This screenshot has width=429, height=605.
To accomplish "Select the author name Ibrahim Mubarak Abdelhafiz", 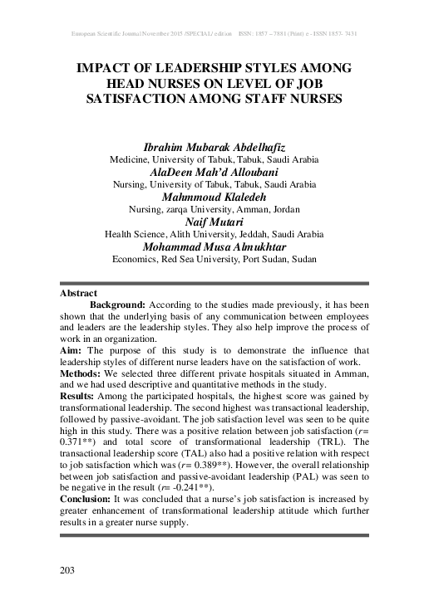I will [x=214, y=145].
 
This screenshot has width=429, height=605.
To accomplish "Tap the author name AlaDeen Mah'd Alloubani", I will [x=214, y=171].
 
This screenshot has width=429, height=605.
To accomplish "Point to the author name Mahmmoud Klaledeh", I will [x=214, y=197].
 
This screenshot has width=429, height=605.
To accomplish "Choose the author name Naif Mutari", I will [x=214, y=222].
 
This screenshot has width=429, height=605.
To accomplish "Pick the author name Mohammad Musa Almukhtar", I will [x=214, y=247].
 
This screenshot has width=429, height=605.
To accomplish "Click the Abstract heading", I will [x=79, y=294].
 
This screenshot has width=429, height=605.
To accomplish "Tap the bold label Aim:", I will [x=71, y=352].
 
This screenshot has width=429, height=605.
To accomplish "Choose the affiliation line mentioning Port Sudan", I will [x=214, y=260].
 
